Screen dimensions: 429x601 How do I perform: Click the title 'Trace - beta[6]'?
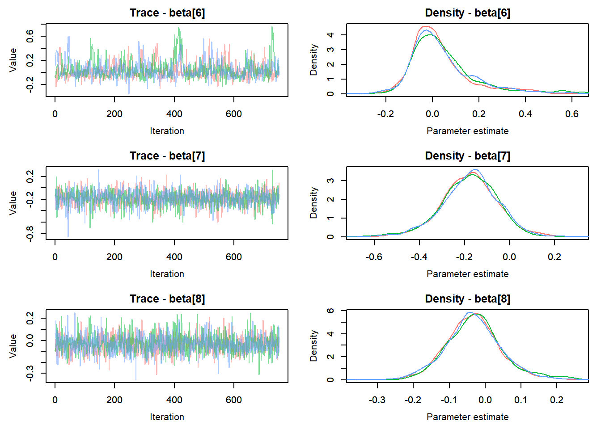point(167,13)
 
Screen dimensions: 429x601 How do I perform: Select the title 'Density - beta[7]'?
point(467,156)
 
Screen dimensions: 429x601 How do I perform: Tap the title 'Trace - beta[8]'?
point(167,299)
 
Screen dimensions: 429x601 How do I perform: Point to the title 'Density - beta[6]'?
point(467,13)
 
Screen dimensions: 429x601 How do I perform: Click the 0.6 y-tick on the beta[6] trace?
point(30,36)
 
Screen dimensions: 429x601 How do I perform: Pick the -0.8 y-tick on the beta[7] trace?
point(30,234)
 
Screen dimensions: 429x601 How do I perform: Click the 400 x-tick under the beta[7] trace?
point(174,257)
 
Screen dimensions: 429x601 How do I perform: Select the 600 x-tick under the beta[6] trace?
point(234,114)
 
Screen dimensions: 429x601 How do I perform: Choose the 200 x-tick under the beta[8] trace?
point(114,400)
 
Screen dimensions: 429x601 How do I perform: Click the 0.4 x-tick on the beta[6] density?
point(525,114)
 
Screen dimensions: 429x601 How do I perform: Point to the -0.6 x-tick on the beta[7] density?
point(374,257)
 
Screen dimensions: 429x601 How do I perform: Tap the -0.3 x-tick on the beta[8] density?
point(377,400)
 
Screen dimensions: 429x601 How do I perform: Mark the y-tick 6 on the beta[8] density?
point(330,311)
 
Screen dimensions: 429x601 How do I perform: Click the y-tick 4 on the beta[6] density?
point(330,35)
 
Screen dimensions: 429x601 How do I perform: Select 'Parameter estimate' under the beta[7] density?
point(467,274)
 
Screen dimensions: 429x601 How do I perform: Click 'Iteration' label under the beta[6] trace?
point(167,131)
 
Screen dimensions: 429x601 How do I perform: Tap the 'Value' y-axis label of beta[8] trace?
point(13,346)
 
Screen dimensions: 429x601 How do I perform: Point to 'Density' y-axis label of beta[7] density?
point(313,203)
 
